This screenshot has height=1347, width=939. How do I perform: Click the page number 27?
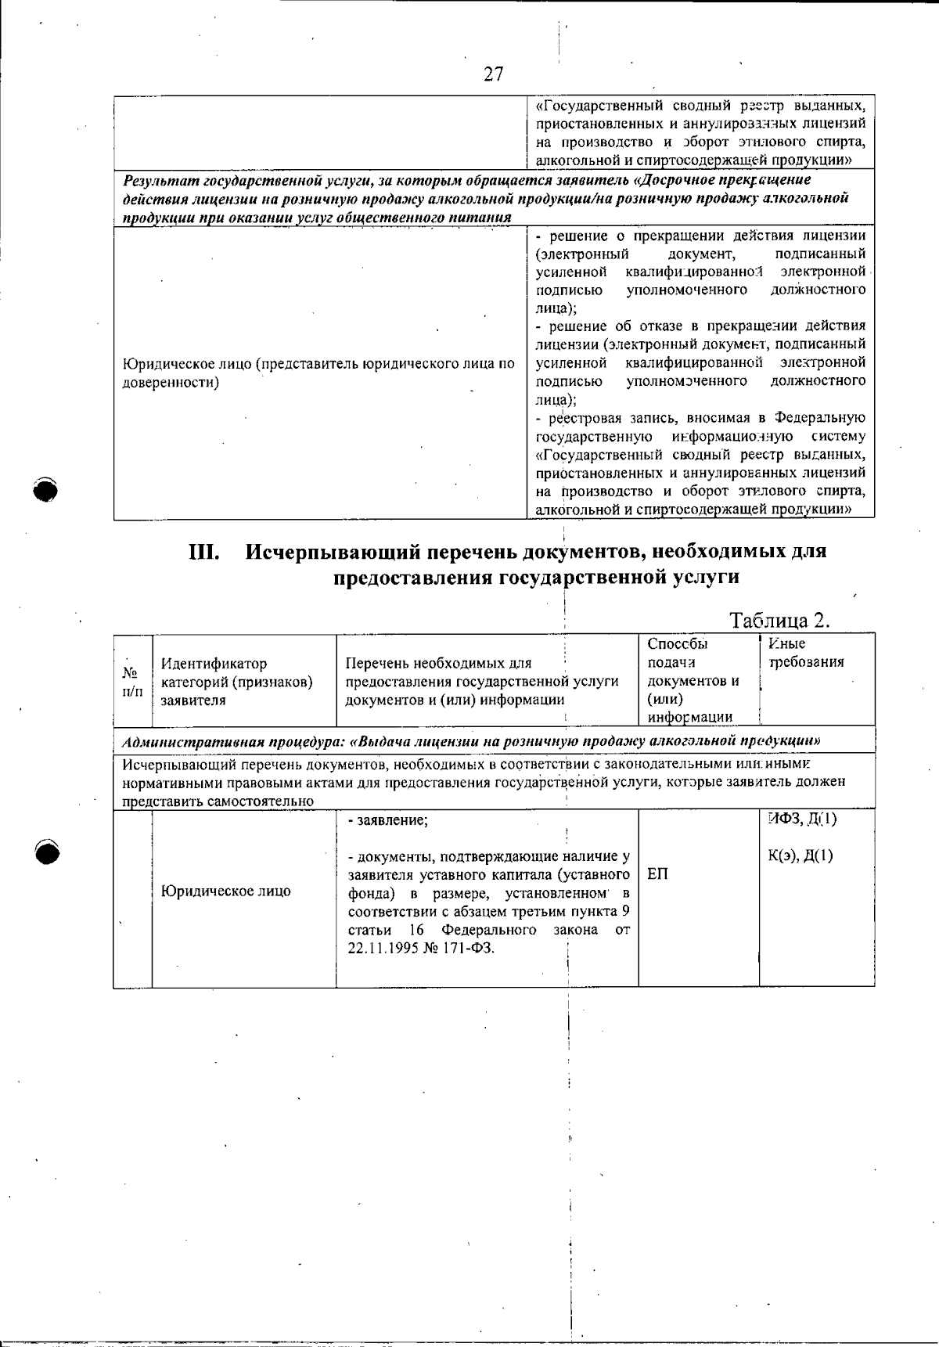point(493,74)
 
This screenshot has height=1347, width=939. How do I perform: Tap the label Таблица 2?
point(779,621)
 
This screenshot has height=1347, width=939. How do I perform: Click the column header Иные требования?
point(806,653)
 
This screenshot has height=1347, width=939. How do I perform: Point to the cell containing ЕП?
point(658,873)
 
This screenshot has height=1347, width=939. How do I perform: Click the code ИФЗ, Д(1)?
point(802,819)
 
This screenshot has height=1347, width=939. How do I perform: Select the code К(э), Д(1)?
point(800,855)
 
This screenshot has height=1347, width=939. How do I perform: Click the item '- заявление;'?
point(387,820)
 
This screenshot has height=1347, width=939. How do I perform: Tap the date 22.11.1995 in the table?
point(383,948)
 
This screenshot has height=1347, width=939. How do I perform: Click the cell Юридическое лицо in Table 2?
point(225,891)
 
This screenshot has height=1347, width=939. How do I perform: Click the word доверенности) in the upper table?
point(171,382)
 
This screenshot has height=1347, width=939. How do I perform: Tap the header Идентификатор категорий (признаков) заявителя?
point(236,682)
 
